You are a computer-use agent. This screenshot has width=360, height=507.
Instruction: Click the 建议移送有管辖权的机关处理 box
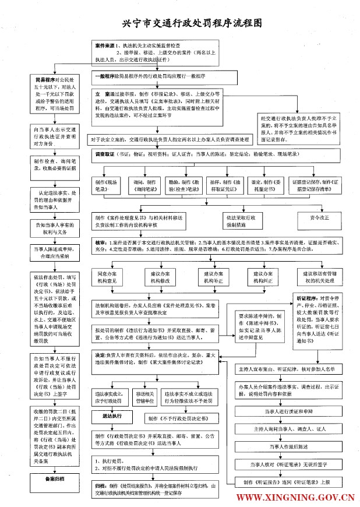click(x=319, y=276)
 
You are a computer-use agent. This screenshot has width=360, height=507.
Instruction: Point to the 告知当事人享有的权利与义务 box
click(x=55, y=227)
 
